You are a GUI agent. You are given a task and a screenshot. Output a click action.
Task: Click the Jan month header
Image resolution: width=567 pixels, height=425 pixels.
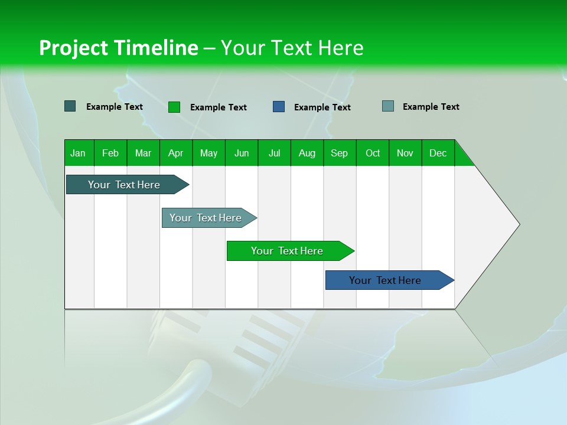[79, 153]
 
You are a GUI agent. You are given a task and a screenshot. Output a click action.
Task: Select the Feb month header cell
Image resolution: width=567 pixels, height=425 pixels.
[110, 153]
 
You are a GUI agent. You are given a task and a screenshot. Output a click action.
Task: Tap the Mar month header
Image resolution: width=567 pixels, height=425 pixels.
[143, 153]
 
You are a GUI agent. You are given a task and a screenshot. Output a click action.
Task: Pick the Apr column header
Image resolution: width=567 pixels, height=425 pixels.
[176, 153]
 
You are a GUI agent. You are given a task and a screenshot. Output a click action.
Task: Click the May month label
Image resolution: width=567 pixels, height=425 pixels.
[208, 153]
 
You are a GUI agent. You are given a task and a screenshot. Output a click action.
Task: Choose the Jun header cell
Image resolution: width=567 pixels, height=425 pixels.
[242, 153]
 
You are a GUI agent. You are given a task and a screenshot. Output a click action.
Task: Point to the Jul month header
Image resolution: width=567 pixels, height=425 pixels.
[274, 153]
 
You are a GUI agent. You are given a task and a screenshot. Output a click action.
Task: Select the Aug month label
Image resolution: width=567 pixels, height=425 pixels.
[307, 153]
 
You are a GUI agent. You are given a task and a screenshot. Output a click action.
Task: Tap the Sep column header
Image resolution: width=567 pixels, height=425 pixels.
[340, 153]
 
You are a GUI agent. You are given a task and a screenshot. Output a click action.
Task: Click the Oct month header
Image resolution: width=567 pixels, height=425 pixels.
[373, 153]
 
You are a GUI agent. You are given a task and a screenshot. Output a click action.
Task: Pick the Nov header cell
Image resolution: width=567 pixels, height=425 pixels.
[405, 153]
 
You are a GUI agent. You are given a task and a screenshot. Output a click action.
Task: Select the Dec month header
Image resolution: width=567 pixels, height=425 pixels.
[438, 153]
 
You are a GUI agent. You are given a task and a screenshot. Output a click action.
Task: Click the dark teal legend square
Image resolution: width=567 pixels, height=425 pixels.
[70, 106]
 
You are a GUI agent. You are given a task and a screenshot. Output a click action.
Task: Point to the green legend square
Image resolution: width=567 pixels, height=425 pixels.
[174, 107]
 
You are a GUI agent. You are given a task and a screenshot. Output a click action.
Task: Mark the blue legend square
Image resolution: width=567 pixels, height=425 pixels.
[279, 107]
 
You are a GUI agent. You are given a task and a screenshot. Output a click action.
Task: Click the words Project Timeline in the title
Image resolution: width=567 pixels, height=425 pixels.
[118, 48]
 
